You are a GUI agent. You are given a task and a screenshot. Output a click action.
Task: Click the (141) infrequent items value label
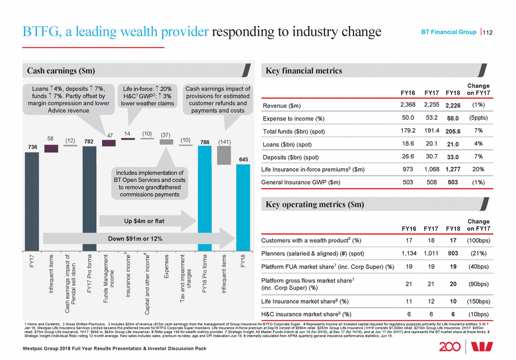click(225, 142)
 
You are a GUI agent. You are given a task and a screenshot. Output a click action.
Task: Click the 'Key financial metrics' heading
click(304, 71)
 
